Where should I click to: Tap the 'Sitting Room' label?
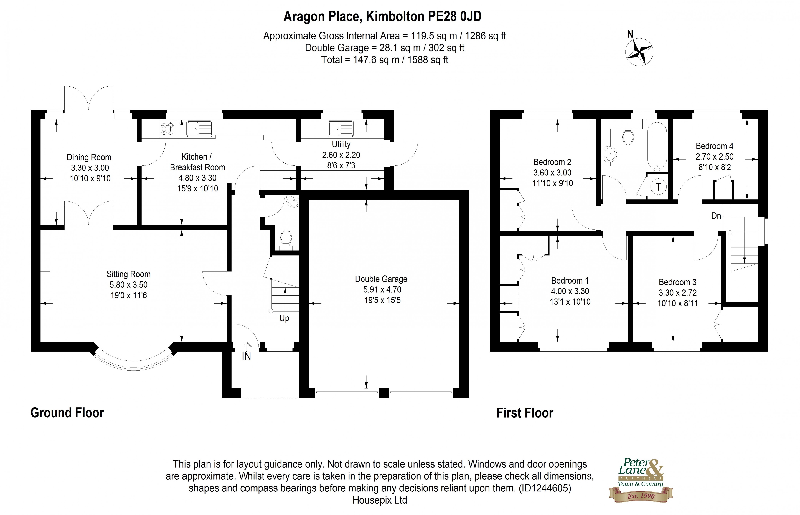coord(128,274)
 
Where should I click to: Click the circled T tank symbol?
coord(658,187)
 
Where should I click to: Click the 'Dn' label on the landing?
coord(716,216)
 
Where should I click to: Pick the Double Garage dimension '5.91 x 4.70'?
coord(382,290)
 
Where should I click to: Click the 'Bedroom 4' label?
coord(714,146)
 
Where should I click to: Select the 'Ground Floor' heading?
coord(67,413)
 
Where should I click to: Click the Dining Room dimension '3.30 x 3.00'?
coord(90,168)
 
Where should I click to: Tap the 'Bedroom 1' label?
coord(570,281)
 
